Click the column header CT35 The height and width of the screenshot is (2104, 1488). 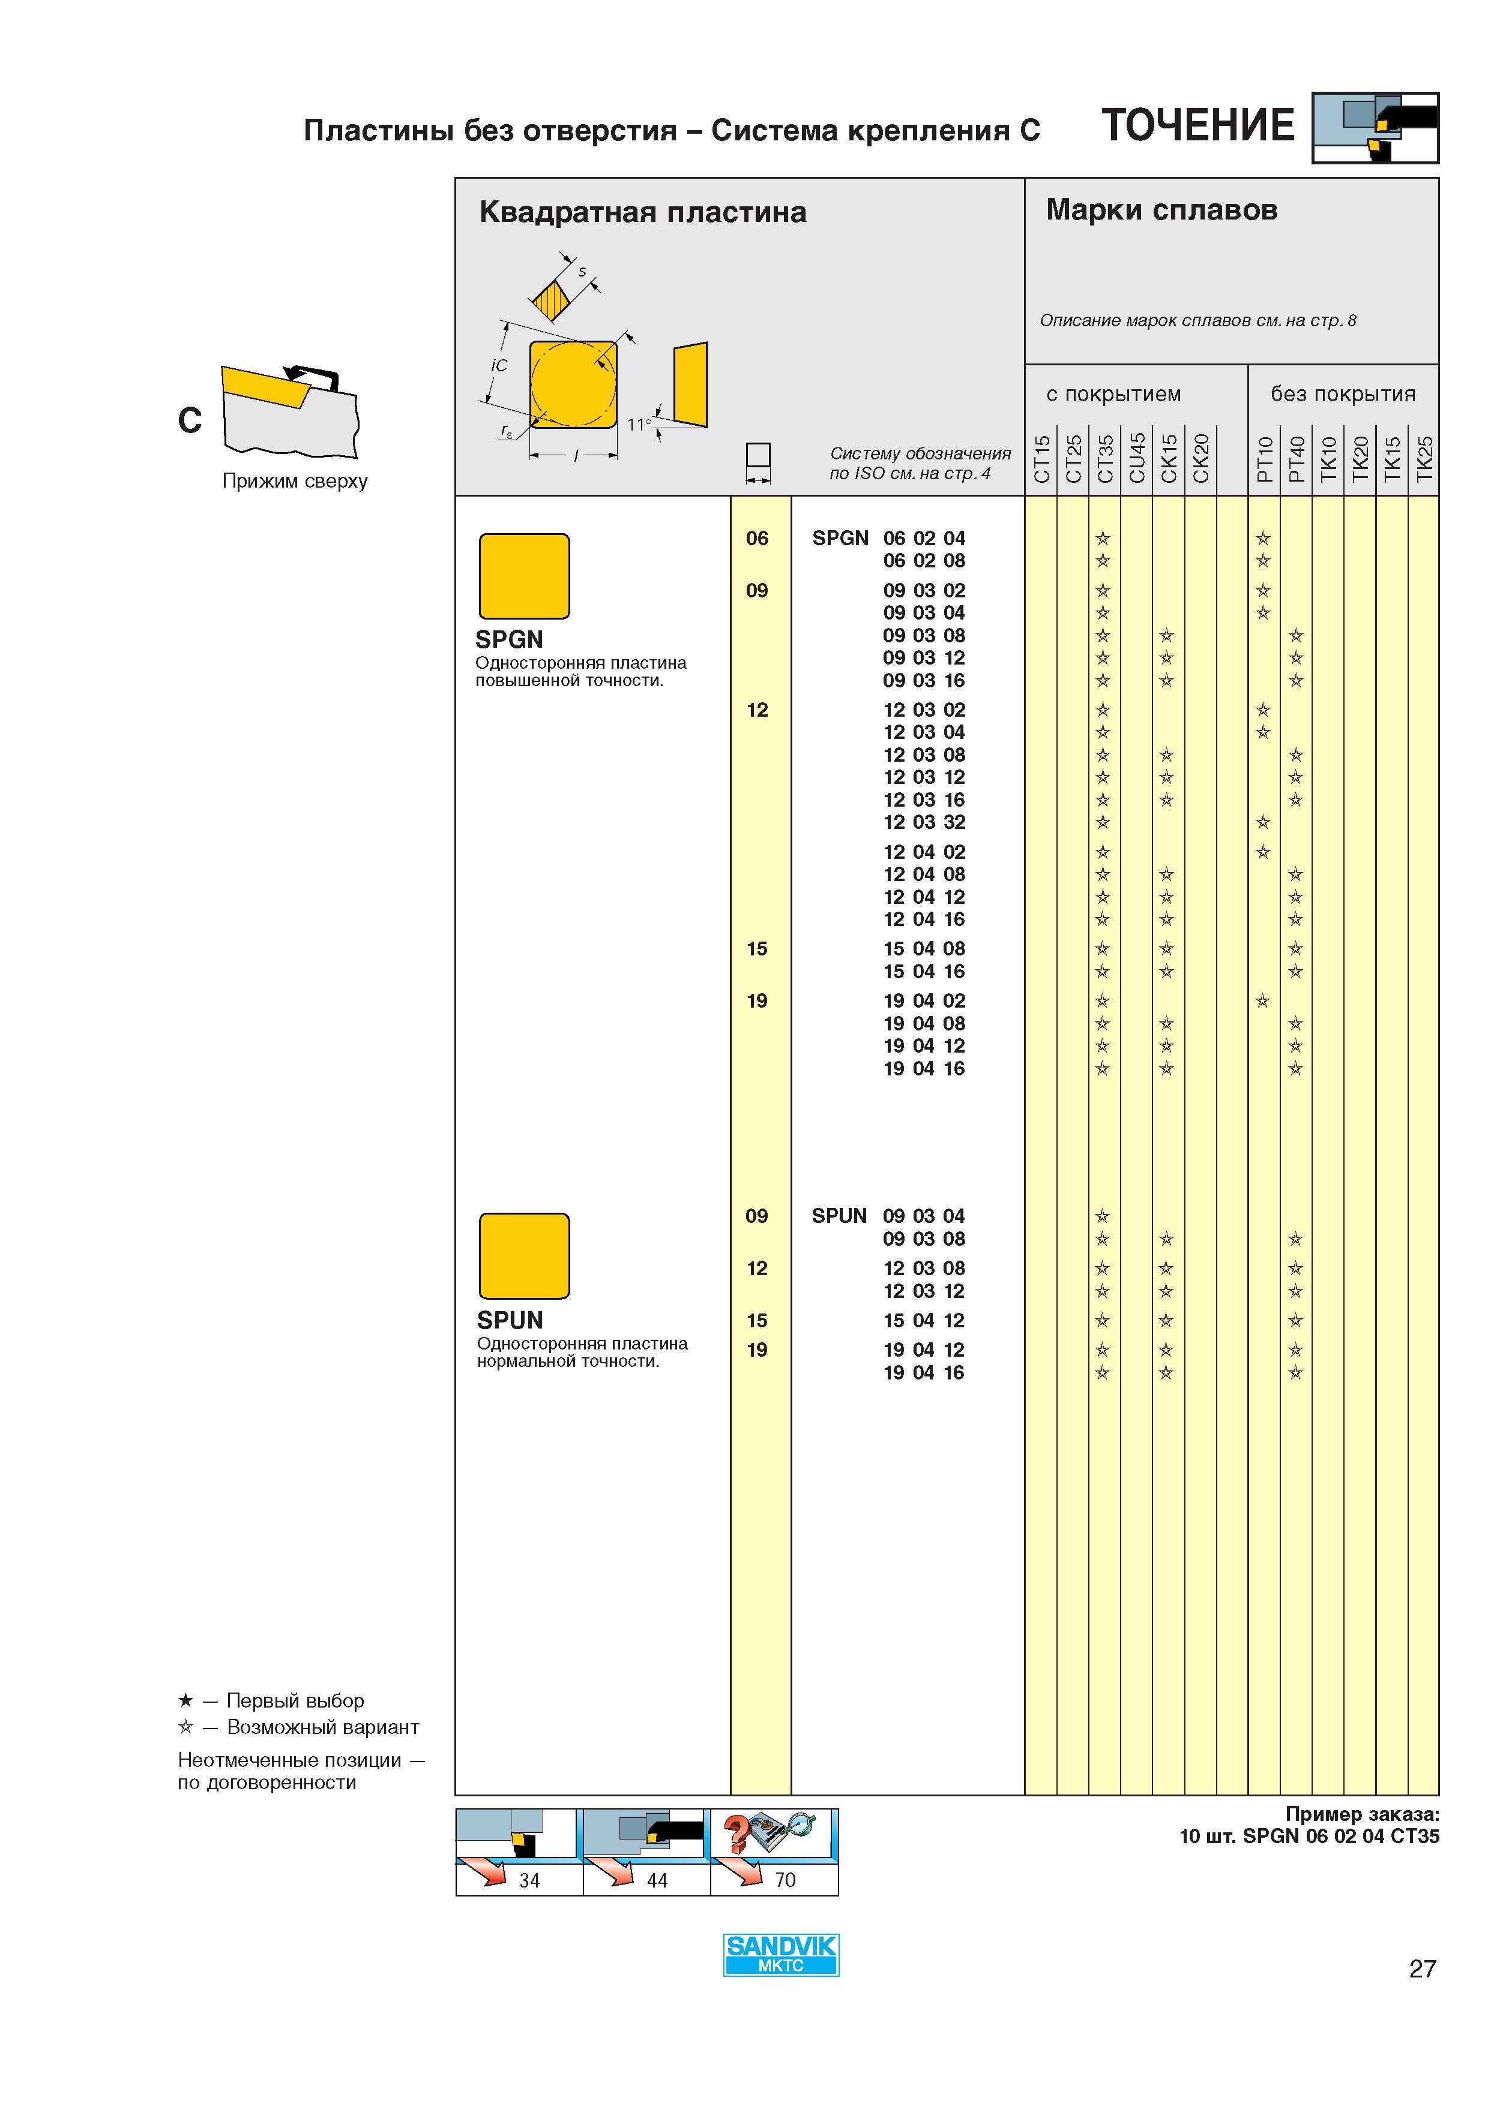[1105, 458]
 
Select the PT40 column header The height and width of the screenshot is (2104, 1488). [1297, 459]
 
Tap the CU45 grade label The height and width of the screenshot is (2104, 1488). [1137, 458]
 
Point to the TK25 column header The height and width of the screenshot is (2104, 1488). [1424, 459]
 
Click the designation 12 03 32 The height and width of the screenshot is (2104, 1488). [924, 822]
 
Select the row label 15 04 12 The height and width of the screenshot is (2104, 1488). [924, 1321]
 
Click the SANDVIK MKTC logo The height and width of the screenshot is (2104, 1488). [781, 1955]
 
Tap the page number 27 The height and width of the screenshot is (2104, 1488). [1422, 1968]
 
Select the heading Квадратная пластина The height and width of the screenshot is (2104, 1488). [643, 212]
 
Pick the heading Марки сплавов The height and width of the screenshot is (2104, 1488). [1161, 210]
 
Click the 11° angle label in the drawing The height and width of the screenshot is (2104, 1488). [639, 424]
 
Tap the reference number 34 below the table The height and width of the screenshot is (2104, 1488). [529, 1880]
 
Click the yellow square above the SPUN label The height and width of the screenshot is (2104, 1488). [525, 1257]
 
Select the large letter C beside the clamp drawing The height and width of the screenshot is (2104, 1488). [190, 420]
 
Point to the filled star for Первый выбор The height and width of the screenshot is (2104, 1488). [185, 1701]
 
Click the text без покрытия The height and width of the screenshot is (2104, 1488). [1343, 394]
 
